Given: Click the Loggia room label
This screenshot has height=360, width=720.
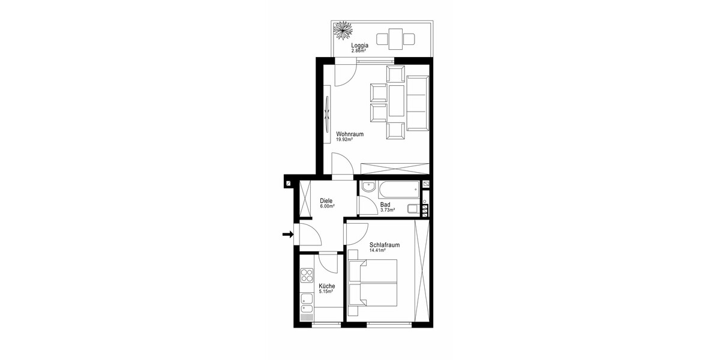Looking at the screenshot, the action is coord(359,46).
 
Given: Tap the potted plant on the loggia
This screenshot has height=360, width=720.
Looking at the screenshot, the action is coord(343,31).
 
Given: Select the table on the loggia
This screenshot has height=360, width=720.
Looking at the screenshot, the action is coord(395,39).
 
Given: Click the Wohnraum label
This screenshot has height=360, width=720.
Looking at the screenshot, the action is coord(350,134).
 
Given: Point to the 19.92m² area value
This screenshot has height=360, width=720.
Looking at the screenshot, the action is coord(344,140).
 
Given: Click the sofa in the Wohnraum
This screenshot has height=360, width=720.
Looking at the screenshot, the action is coord(418,103).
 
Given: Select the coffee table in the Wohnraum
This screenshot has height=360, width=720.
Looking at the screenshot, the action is coord(397,100).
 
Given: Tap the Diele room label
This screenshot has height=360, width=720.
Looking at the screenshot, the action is coord(326,201).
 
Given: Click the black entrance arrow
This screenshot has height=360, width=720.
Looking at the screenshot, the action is coord(288,235).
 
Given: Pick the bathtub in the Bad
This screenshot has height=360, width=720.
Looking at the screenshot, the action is coord(399,190).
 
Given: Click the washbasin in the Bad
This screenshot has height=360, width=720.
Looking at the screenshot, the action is coord(368,187).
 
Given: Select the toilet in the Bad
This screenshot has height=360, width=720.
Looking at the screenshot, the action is coord(413,209).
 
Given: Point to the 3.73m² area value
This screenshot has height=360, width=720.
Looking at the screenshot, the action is coord(388,210).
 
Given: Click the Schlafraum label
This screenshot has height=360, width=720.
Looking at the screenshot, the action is coord(385,245).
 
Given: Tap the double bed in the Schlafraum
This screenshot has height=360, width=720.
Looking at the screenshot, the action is coord(373,283).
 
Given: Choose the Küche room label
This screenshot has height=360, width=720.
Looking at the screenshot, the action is coord(326,286).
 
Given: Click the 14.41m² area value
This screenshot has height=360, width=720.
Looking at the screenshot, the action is coord(377,250).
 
